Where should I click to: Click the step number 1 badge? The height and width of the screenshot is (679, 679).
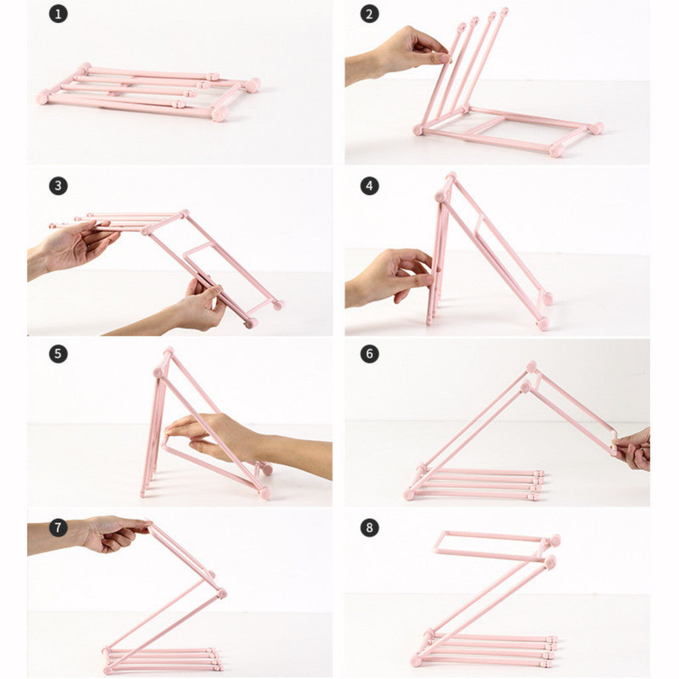pyautogui.click(x=58, y=14)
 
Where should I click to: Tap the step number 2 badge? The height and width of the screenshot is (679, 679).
pyautogui.click(x=369, y=14)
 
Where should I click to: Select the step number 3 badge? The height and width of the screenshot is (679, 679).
pyautogui.click(x=58, y=186)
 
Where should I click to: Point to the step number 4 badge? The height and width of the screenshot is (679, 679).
pyautogui.click(x=369, y=186)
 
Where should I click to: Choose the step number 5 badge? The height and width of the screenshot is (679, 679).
pyautogui.click(x=58, y=354)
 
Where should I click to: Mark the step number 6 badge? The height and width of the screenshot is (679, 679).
pyautogui.click(x=369, y=354)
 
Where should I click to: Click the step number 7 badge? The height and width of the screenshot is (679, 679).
pyautogui.click(x=58, y=527)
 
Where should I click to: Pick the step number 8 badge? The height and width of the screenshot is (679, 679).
pyautogui.click(x=369, y=527)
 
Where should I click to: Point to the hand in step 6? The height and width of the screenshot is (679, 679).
pyautogui.click(x=633, y=449)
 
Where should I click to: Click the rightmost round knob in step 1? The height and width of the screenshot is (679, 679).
pyautogui.click(x=253, y=85)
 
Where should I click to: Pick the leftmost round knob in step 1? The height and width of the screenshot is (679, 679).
pyautogui.click(x=43, y=97)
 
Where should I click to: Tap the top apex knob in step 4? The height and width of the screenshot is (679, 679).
pyautogui.click(x=451, y=176)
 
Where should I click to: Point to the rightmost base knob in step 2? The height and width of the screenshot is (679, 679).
pyautogui.click(x=596, y=128)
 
